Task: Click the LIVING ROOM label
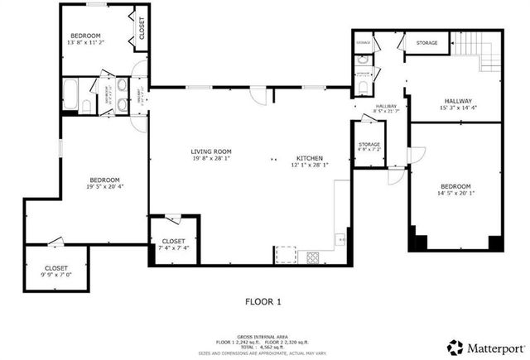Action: [x=211, y=151]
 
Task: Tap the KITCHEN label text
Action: [x=311, y=158]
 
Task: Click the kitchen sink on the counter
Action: [x=340, y=240]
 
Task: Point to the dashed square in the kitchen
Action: [x=286, y=253]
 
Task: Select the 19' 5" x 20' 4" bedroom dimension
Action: [x=105, y=187]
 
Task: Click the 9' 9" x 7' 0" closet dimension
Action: [x=56, y=275]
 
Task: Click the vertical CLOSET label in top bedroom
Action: [x=141, y=28]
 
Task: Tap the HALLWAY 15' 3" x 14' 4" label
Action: [x=459, y=105]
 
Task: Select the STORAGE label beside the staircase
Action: [x=426, y=42]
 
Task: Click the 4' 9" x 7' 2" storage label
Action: [x=369, y=150]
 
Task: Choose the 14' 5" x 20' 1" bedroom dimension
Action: [x=455, y=194]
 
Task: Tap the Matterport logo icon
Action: [x=455, y=345]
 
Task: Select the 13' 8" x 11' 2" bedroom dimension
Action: [x=85, y=42]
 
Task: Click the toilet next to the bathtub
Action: [x=85, y=103]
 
